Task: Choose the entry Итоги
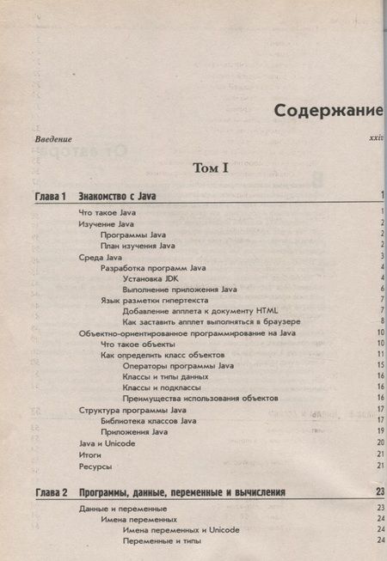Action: tap(90, 453)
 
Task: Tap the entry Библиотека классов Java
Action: tap(148, 420)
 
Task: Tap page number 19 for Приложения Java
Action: tap(378, 431)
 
